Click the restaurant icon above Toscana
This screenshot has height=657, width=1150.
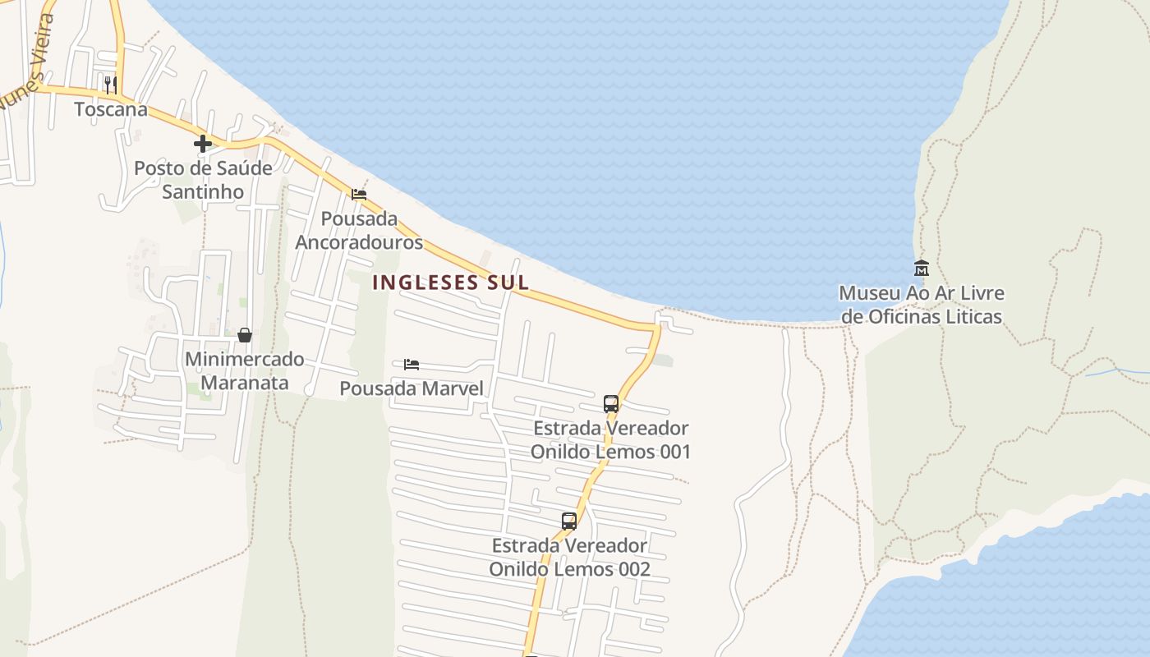111,84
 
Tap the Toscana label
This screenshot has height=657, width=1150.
111,109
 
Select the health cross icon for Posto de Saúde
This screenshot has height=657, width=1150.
203,144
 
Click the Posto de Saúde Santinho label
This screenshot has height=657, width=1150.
203,180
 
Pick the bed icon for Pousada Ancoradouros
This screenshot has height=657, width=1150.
359,195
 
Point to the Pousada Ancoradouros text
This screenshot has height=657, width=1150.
359,231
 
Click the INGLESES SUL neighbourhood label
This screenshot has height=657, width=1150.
451,283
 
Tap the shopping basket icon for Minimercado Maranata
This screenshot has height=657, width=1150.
244,335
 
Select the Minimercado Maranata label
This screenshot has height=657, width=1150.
244,371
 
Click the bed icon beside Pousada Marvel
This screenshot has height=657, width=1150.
412,364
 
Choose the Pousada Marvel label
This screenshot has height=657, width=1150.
412,388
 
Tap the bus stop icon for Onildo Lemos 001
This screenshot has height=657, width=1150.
610,403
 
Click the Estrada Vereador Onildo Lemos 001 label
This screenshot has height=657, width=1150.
610,440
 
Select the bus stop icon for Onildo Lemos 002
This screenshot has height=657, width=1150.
569,521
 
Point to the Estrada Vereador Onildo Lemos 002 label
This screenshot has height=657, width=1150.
569,558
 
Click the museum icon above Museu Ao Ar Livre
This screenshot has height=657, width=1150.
921,268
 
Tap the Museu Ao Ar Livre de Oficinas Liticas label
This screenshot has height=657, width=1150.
921,305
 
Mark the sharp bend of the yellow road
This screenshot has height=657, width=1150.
656,328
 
